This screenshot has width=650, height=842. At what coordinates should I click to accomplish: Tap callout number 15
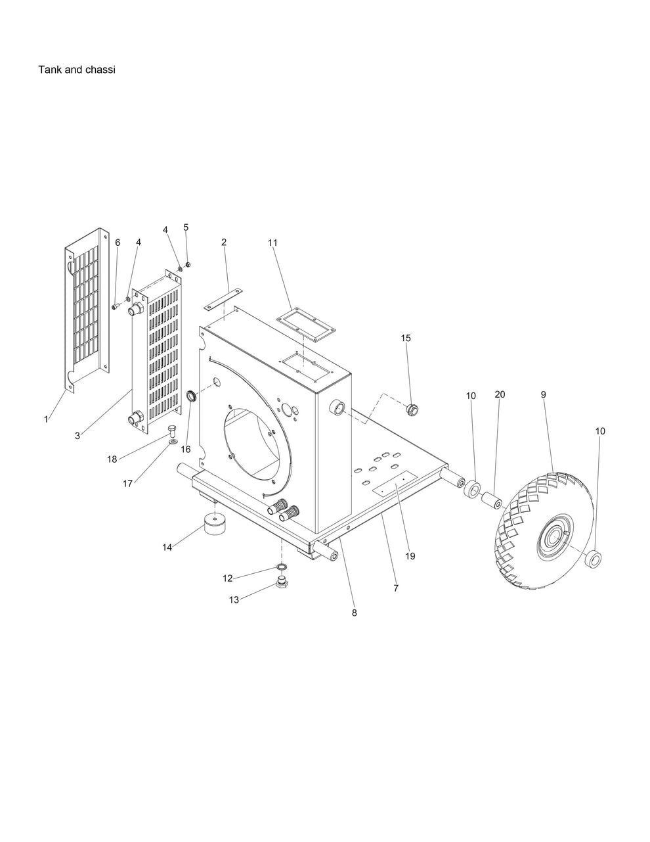[406, 338]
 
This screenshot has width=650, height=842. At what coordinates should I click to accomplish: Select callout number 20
[500, 394]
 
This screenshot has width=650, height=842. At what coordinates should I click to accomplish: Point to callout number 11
[272, 243]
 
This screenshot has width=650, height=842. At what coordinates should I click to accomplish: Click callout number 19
[410, 556]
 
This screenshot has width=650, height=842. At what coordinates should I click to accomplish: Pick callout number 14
[167, 548]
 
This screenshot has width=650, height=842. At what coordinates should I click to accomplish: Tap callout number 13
[234, 600]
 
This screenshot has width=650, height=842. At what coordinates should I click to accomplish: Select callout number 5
[186, 227]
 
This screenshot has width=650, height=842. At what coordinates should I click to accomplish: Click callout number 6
[118, 243]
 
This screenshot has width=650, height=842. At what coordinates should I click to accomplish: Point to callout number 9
[543, 394]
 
